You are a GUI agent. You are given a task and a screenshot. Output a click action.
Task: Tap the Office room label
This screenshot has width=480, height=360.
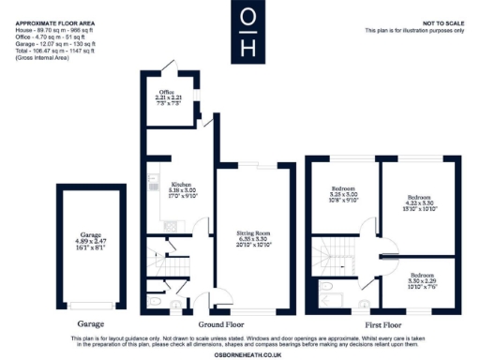[167, 97]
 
